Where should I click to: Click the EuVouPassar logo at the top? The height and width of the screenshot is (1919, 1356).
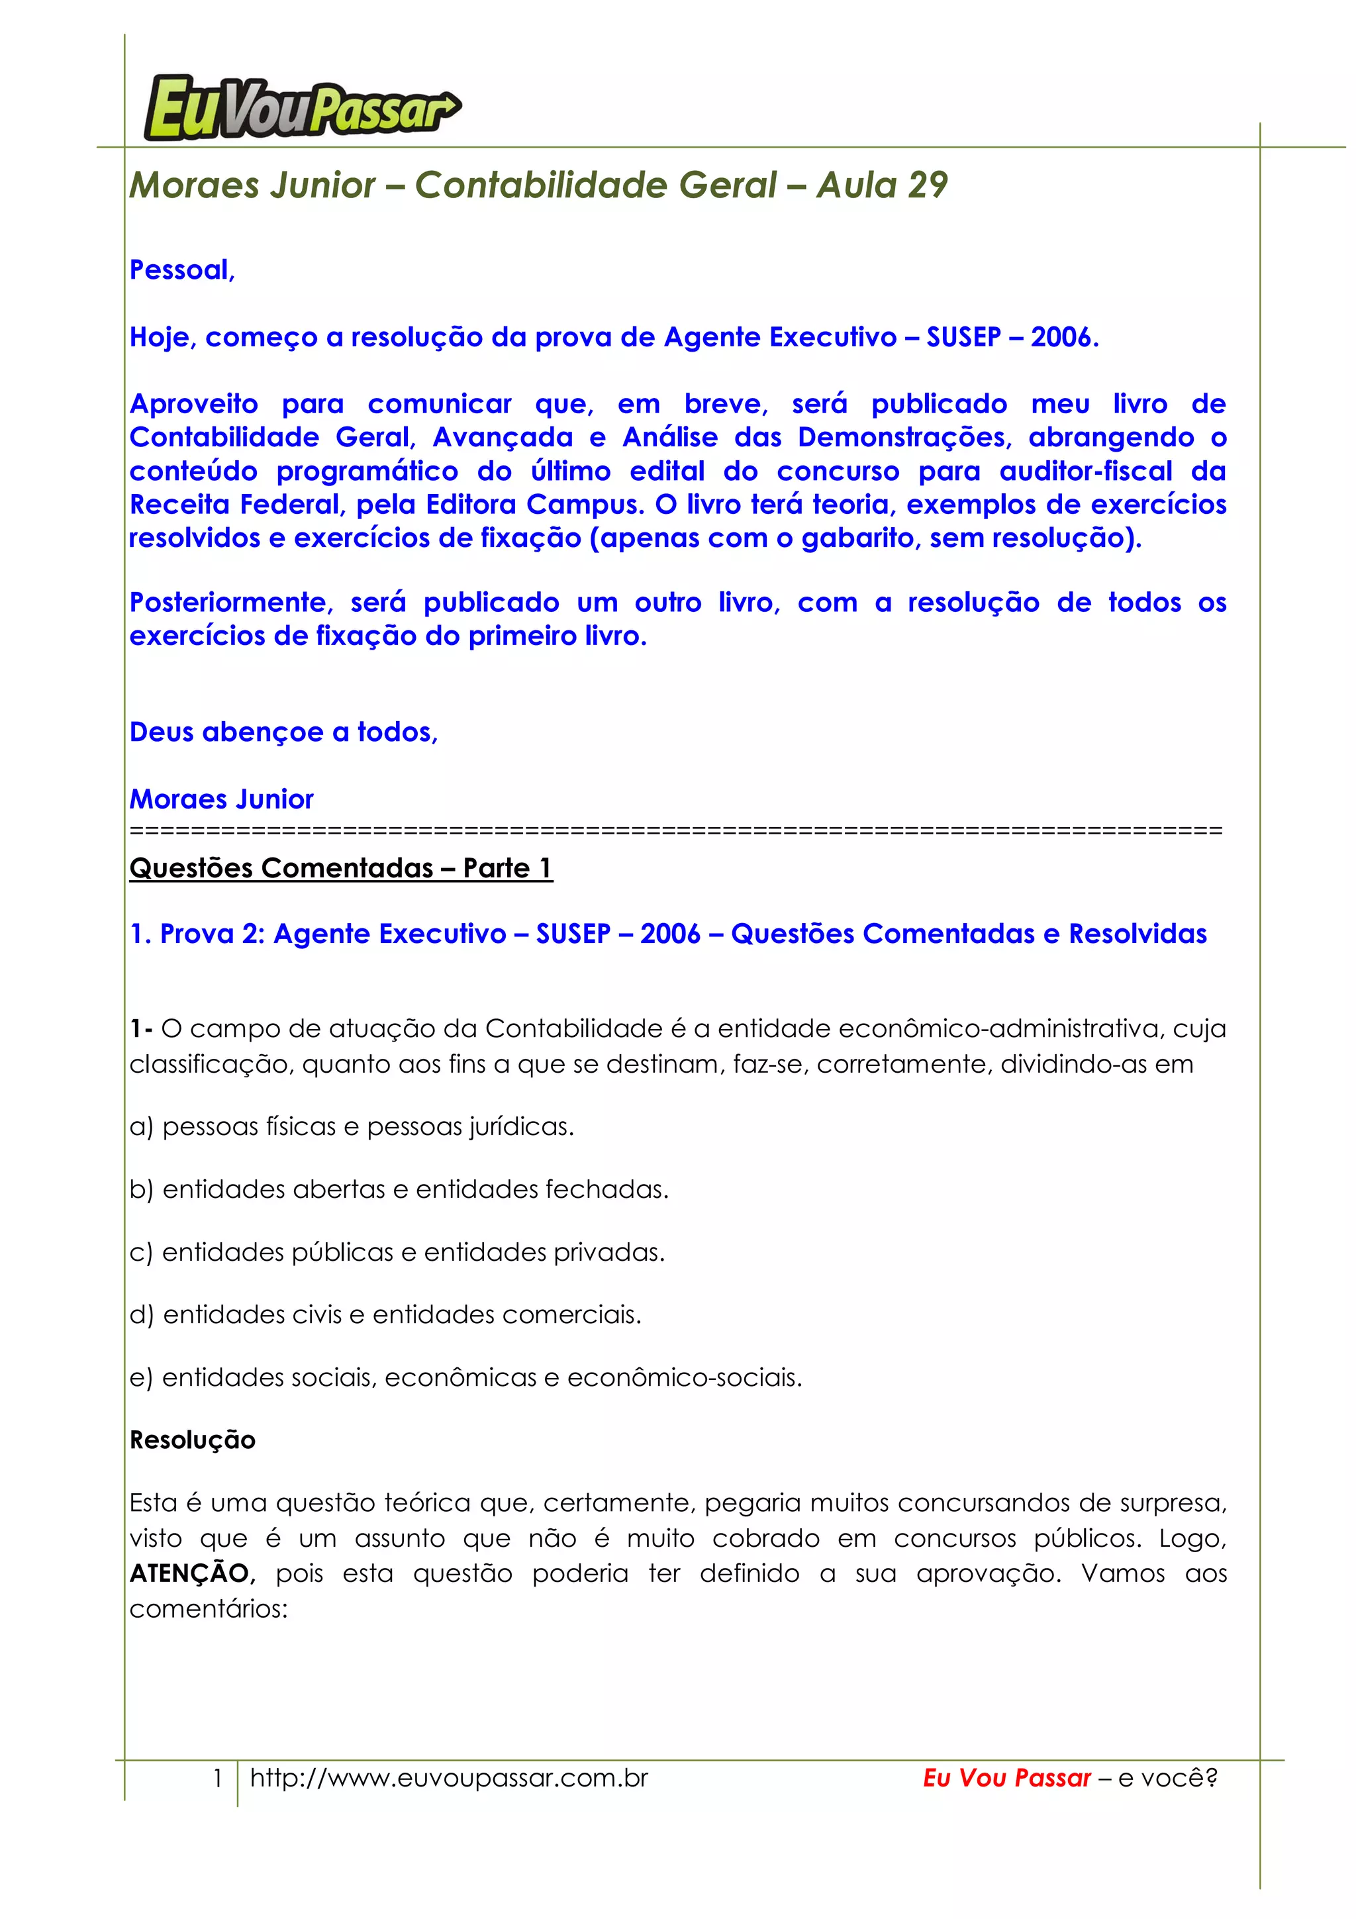(x=302, y=108)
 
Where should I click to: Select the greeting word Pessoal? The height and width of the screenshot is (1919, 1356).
(x=181, y=270)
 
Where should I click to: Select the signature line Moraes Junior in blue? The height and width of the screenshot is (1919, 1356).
(x=221, y=799)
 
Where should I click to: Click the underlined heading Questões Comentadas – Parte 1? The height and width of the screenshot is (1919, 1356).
(x=340, y=867)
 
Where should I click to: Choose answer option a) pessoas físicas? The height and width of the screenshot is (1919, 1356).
(x=351, y=1126)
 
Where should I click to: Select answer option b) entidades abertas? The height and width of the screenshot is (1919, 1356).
(x=399, y=1189)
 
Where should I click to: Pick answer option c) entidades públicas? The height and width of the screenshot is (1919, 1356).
(x=397, y=1252)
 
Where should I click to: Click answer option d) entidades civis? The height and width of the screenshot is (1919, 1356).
(x=385, y=1314)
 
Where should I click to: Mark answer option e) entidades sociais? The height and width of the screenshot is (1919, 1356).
(x=465, y=1377)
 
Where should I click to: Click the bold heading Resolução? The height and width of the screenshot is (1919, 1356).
(x=192, y=1440)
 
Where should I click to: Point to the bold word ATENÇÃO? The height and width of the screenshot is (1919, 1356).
(x=189, y=1574)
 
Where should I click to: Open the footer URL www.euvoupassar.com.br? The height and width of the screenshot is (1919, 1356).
(x=449, y=1778)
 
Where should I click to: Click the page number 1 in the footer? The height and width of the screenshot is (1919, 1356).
(x=217, y=1778)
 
